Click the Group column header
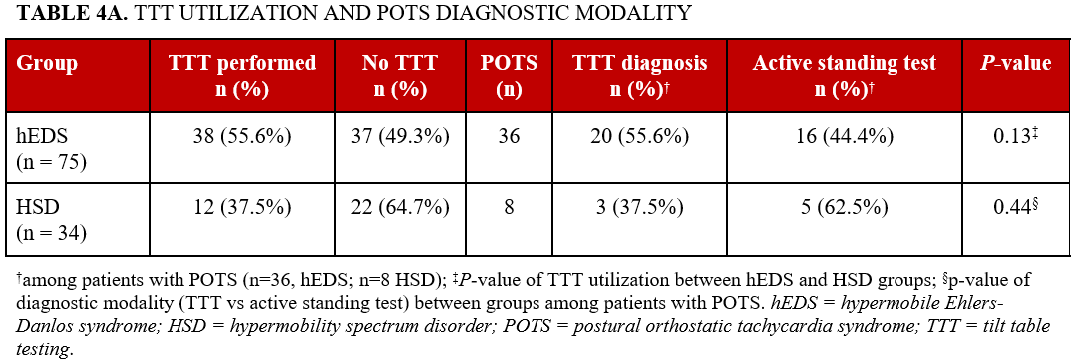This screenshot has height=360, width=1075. coord(47,63)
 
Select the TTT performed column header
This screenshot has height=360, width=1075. coord(242,75)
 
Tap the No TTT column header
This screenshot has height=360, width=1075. coord(402,75)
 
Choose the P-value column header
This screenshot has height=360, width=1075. coord(1015,63)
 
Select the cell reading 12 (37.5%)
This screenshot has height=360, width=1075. coord(242,208)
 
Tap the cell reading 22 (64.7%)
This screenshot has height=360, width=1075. coord(402,208)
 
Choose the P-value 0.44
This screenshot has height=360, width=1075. coord(1013,208)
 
